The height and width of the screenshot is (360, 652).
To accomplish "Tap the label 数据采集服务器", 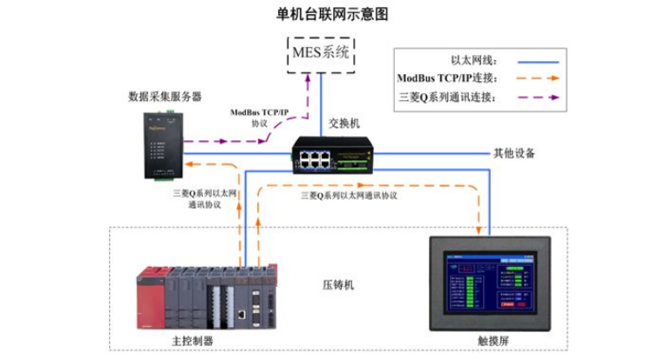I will click(x=165, y=96).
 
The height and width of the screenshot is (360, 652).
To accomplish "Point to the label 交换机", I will click(x=343, y=124).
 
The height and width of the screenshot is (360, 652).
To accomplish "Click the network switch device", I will click(x=331, y=154).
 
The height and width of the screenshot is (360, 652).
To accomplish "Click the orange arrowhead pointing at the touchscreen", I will click(x=479, y=232).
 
